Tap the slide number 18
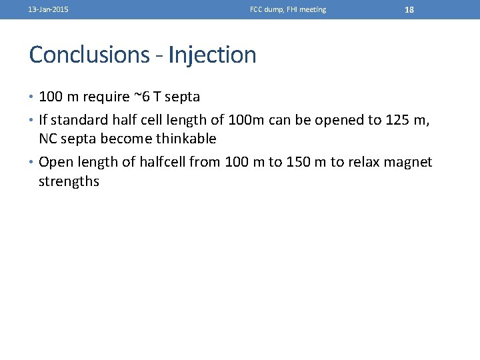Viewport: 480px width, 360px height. pos(409,10)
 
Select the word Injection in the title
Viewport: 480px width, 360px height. pos(212,55)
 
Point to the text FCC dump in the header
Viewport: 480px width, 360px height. pos(265,10)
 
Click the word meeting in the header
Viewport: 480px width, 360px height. pos(312,10)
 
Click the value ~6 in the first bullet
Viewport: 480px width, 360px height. pos(141,97)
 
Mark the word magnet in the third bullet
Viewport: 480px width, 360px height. pos(409,163)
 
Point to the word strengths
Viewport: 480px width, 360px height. pos(69,181)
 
